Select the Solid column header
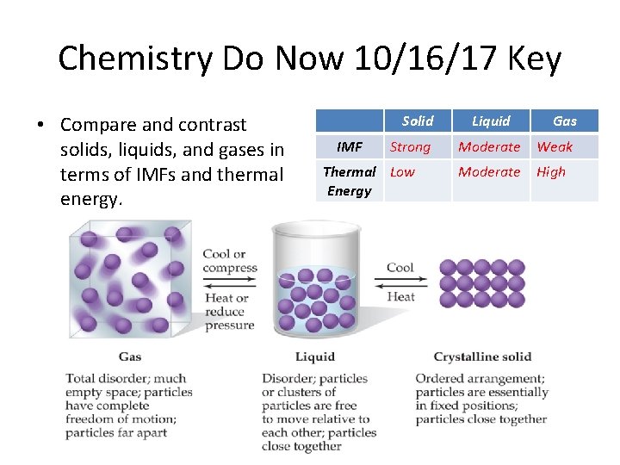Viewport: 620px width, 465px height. [418, 121]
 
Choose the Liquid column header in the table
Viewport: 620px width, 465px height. [491, 121]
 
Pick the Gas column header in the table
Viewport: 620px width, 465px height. [565, 121]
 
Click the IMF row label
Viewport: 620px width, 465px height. [349, 147]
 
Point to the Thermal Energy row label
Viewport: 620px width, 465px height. [349, 181]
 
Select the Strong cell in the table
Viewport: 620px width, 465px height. [410, 147]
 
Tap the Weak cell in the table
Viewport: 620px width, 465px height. [555, 147]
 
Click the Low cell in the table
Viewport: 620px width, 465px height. [402, 171]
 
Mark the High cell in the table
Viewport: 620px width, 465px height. [551, 171]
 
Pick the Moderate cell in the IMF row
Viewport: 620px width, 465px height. [489, 147]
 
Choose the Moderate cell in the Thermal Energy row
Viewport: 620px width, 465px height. [489, 171]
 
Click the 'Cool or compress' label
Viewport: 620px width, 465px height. [230, 260]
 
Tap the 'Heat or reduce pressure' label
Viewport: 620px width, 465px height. [229, 311]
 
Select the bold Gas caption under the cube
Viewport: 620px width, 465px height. [130, 356]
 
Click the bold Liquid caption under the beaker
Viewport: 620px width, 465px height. [315, 356]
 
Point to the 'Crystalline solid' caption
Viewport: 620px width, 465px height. [482, 356]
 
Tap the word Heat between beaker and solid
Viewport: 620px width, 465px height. [400, 296]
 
